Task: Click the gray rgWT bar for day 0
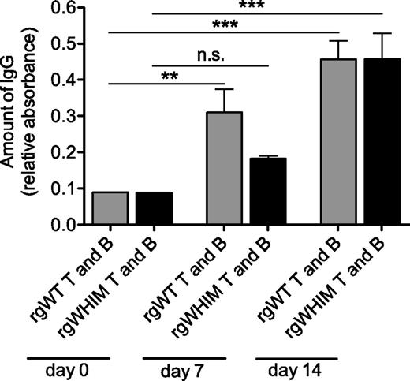click(x=109, y=208)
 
